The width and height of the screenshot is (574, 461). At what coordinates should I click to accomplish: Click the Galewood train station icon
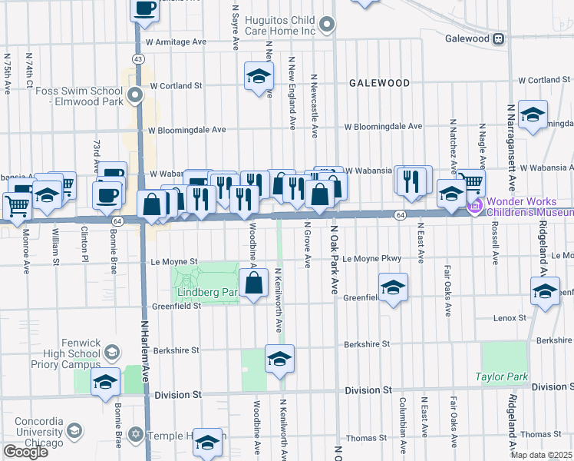[499, 38]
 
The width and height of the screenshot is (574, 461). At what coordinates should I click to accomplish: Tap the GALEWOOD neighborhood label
[378, 82]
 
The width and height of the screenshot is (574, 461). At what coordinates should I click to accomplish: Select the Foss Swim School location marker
[135, 96]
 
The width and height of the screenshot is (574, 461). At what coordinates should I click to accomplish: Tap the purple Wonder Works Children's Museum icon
[475, 205]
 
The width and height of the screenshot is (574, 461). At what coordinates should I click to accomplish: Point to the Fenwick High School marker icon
[111, 352]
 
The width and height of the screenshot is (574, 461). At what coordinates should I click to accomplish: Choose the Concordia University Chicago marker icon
[74, 430]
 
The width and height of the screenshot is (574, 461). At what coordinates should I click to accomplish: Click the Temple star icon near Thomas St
[137, 436]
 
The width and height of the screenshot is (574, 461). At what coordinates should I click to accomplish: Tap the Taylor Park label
[502, 376]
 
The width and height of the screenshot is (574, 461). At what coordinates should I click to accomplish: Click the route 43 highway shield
[137, 58]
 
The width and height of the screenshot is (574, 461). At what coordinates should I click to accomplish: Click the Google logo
[25, 452]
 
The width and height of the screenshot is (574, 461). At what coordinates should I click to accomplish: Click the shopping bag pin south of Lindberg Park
[254, 284]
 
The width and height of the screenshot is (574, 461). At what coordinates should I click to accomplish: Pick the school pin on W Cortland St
[259, 76]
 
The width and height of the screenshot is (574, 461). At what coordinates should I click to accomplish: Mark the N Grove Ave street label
[306, 247]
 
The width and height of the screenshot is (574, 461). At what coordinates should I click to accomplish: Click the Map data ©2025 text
[540, 455]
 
